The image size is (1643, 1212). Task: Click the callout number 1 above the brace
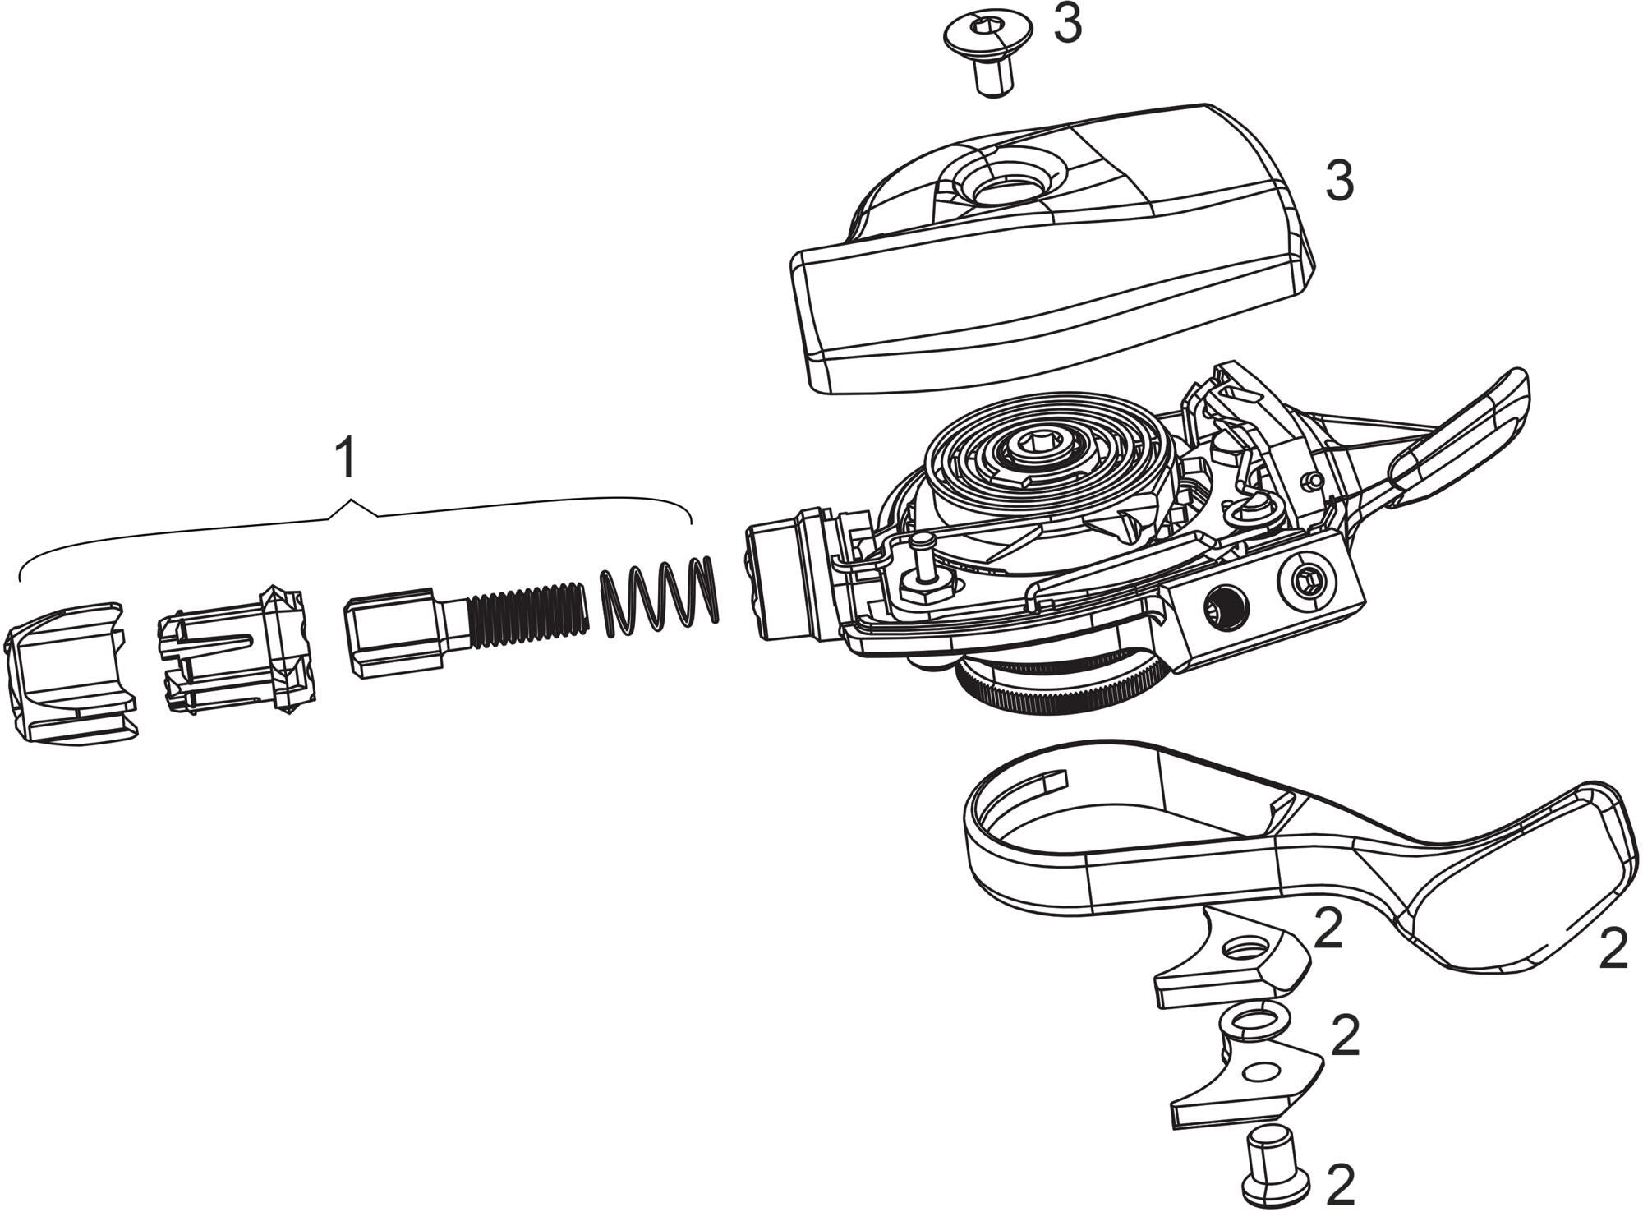[347, 459]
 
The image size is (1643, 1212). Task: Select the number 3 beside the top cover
[1339, 182]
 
